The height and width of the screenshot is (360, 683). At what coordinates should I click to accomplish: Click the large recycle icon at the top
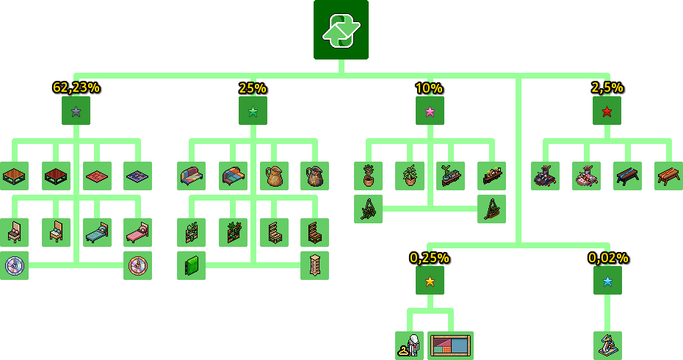tap(341, 29)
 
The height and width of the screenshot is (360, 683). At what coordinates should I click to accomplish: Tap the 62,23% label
tap(76, 87)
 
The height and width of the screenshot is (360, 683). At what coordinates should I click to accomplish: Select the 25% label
tap(253, 88)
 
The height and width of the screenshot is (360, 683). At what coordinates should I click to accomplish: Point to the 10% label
tap(430, 88)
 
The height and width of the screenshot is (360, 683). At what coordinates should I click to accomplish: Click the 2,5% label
tap(607, 88)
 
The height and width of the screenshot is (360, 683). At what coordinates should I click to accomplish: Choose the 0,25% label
tap(430, 258)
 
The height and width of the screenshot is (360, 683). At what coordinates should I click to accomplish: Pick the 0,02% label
tap(608, 258)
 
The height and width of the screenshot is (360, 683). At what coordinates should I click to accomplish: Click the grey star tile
tap(76, 111)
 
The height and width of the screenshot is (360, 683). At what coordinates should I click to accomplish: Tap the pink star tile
tap(430, 111)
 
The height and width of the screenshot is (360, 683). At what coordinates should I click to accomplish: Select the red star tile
tap(607, 111)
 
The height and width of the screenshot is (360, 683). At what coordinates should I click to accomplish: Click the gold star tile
tap(430, 281)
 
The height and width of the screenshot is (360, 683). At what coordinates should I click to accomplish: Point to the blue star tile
tap(607, 281)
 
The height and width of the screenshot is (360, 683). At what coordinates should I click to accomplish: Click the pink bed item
tap(137, 232)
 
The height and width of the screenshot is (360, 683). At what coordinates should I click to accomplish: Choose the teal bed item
tap(97, 232)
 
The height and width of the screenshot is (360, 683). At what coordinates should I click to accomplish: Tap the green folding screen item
tap(191, 265)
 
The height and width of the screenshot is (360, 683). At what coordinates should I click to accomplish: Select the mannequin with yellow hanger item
tap(410, 345)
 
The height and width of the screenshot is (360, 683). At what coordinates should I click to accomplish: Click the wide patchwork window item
tap(450, 345)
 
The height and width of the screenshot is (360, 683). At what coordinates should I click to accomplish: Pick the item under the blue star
tap(607, 345)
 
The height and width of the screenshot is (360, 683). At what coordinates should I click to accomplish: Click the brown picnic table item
tap(668, 176)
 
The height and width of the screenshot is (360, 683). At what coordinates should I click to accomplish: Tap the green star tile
tap(253, 111)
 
